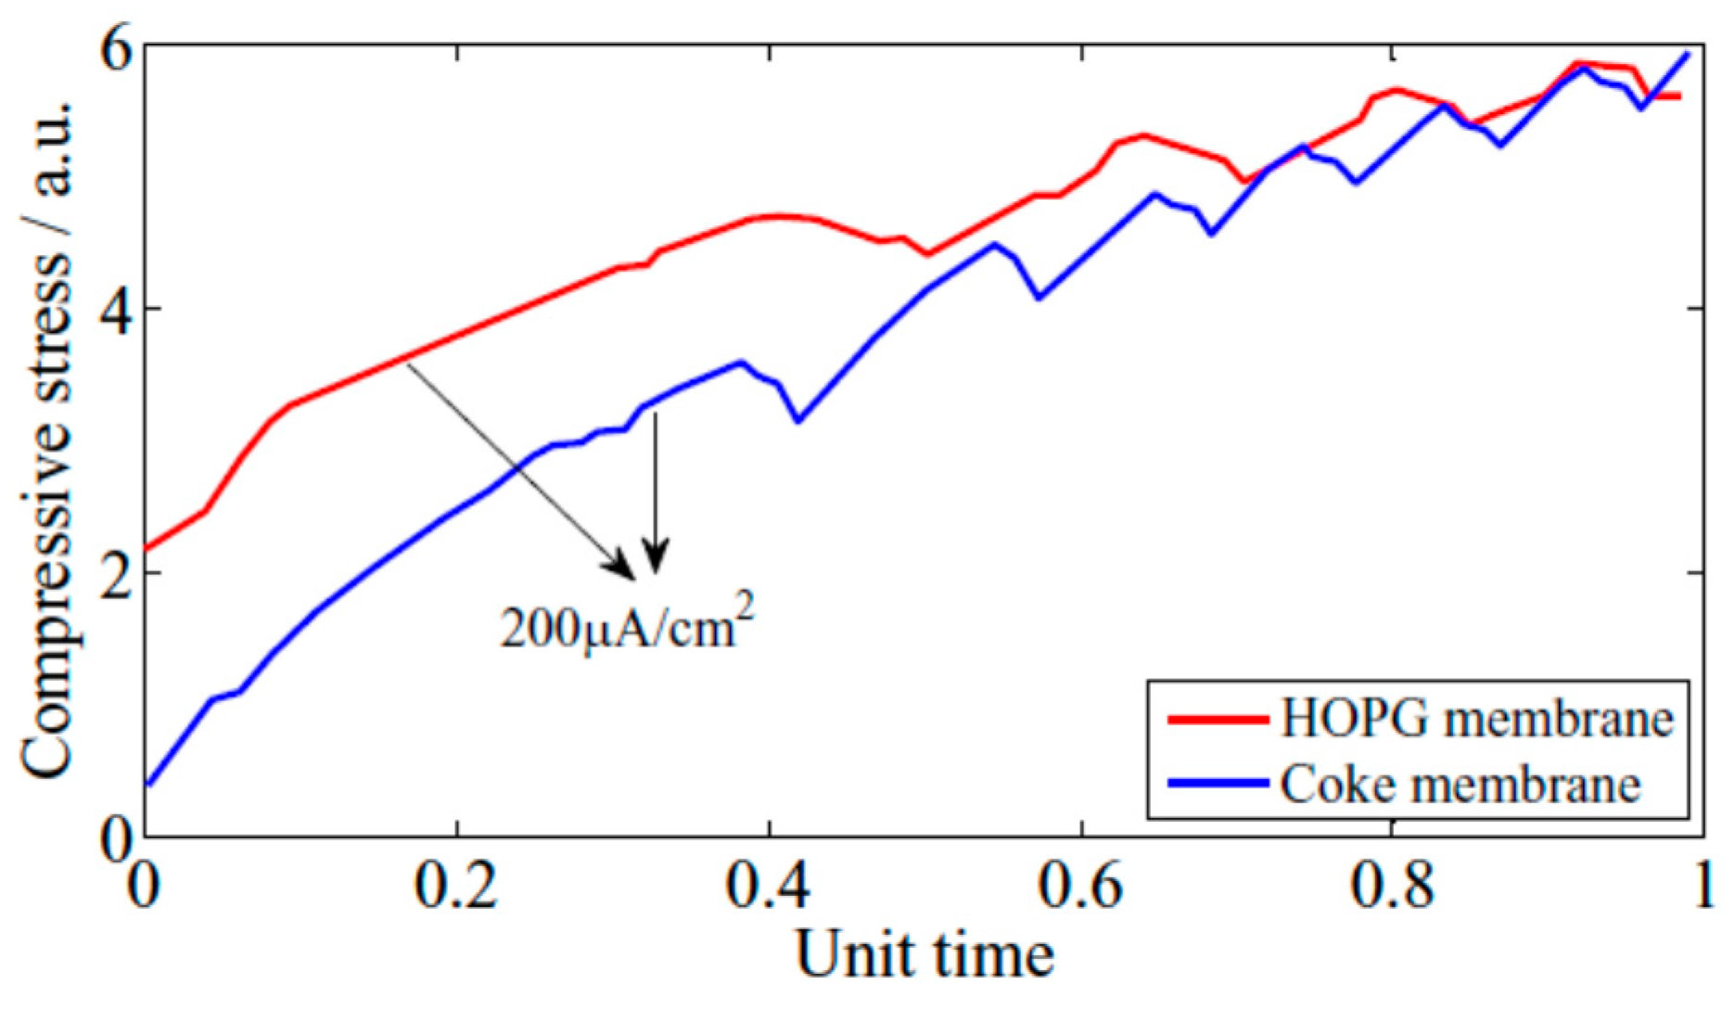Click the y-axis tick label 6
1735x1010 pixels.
pos(113,46)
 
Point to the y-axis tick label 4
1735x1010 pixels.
pos(113,310)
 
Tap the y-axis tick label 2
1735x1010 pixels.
pos(113,573)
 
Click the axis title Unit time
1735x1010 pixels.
pos(925,955)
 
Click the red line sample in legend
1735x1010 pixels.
pos(1218,720)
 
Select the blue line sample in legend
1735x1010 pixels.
pos(1218,784)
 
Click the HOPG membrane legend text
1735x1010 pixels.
pos(1476,720)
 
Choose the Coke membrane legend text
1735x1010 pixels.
pos(1461,784)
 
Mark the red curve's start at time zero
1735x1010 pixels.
pos(147,549)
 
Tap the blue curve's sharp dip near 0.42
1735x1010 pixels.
pos(798,422)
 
